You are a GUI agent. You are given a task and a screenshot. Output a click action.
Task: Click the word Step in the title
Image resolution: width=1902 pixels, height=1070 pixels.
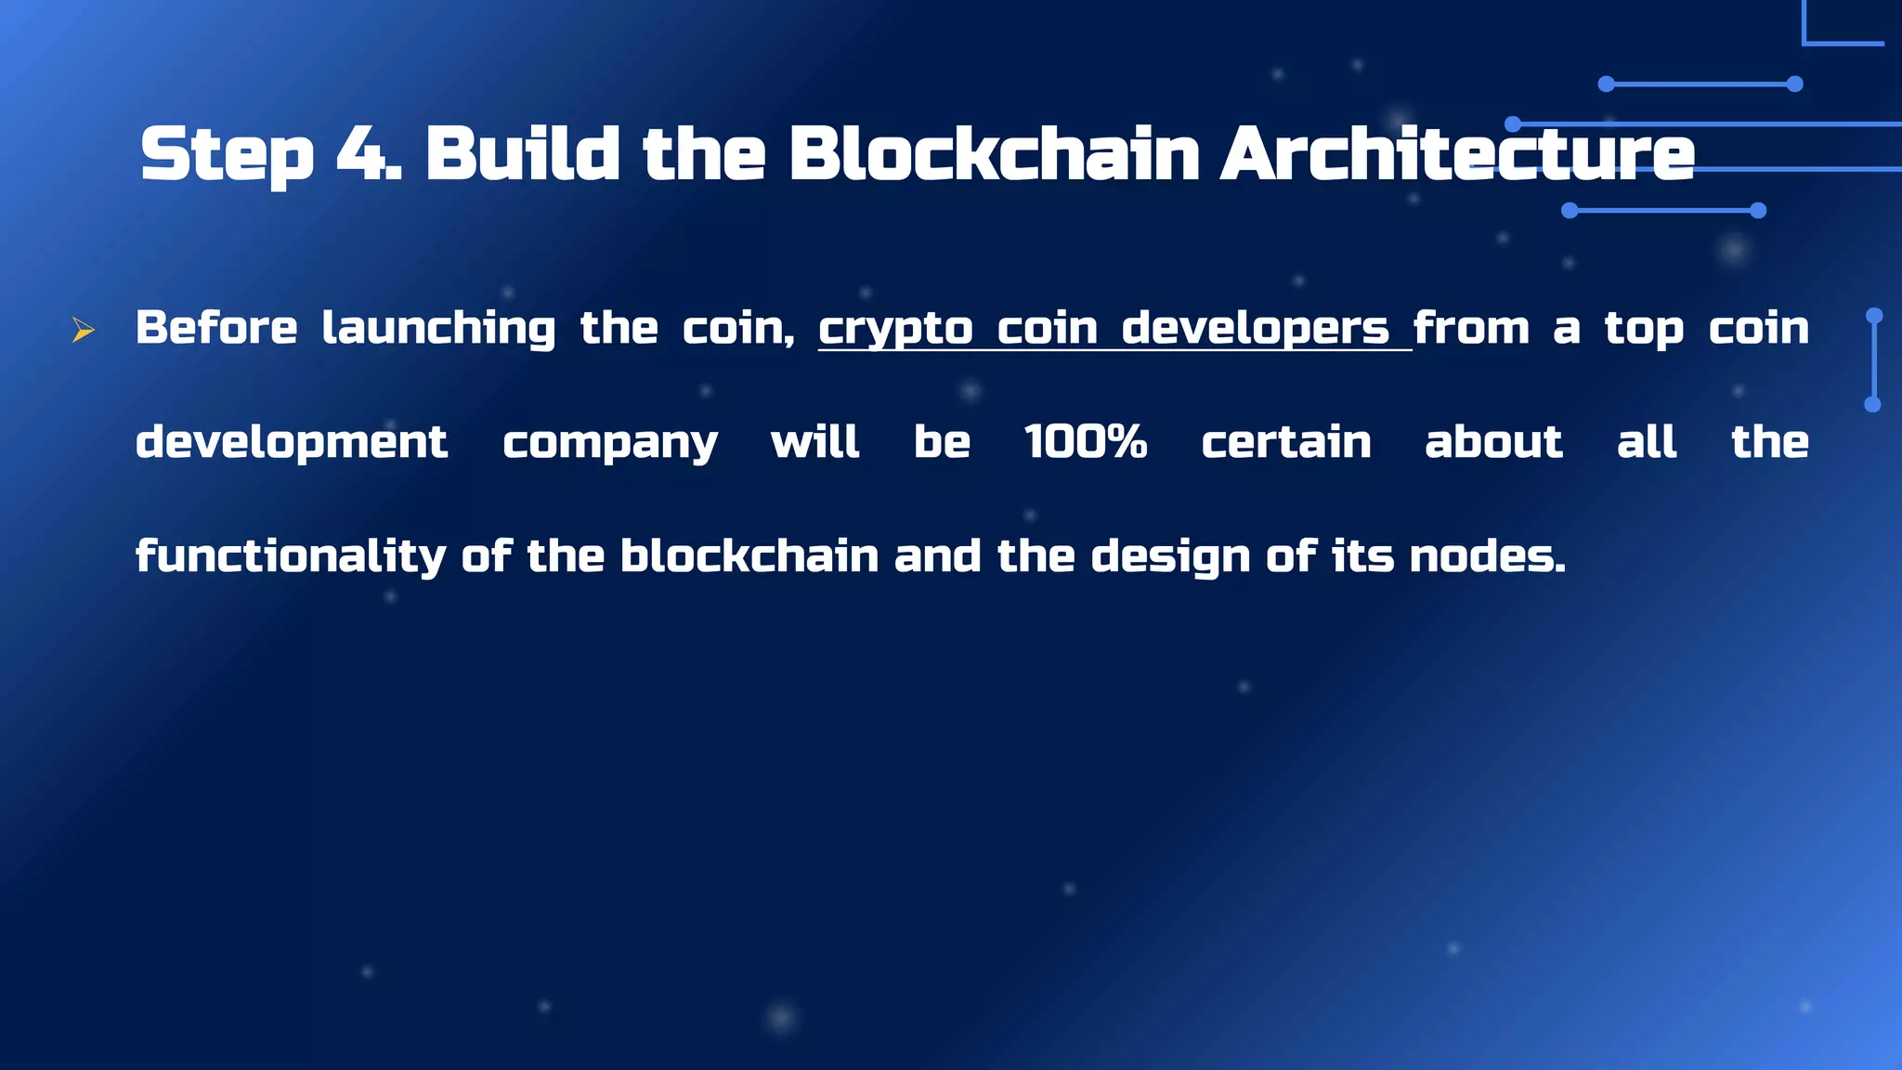click(x=227, y=155)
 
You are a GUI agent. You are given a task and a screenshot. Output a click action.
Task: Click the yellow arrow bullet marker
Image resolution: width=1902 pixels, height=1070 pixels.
click(x=84, y=330)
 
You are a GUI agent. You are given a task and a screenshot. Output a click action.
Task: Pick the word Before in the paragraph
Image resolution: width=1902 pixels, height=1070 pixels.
click(x=216, y=328)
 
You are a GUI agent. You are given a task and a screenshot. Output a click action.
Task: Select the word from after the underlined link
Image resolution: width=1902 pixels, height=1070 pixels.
click(x=1471, y=328)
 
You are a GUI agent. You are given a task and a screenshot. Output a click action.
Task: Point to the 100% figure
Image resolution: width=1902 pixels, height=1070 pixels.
click(x=1085, y=441)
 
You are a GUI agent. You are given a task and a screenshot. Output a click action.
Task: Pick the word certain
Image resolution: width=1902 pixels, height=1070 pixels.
click(x=1286, y=442)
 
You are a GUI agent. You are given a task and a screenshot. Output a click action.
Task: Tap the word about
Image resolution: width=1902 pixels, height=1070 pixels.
click(x=1493, y=442)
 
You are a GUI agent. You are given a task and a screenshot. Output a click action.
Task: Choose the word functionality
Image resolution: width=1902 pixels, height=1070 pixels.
click(x=291, y=557)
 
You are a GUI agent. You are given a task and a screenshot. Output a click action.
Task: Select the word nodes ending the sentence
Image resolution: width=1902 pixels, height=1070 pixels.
click(x=1485, y=556)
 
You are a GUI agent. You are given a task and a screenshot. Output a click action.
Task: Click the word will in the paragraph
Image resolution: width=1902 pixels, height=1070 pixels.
click(x=814, y=442)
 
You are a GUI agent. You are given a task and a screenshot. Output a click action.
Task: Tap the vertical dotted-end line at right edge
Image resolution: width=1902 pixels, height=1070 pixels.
click(x=1873, y=360)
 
